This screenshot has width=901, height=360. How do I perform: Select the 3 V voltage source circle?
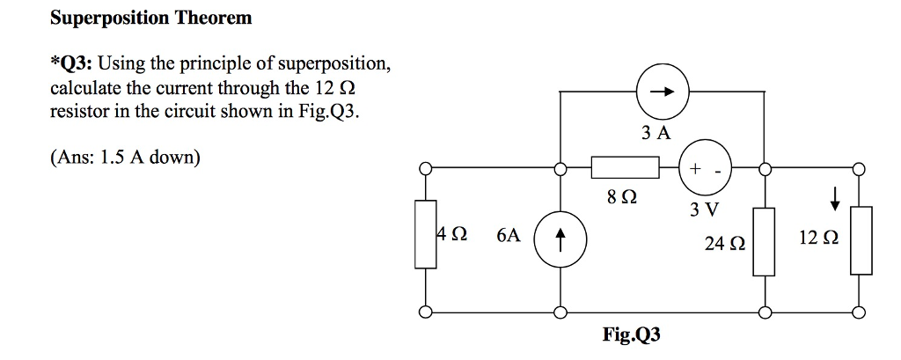click(x=705, y=167)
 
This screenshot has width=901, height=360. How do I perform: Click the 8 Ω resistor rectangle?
click(x=624, y=167)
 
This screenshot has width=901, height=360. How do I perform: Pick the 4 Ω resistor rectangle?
click(x=426, y=233)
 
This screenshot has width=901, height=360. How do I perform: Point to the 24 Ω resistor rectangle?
click(x=764, y=241)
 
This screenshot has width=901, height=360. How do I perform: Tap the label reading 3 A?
click(x=656, y=133)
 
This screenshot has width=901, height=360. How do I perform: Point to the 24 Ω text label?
click(x=724, y=243)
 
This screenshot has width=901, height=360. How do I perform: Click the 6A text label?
click(x=508, y=236)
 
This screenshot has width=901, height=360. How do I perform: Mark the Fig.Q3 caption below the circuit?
click(x=631, y=334)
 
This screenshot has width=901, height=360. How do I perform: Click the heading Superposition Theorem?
click(x=150, y=18)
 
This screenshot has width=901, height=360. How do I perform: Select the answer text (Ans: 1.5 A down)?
click(x=125, y=158)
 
